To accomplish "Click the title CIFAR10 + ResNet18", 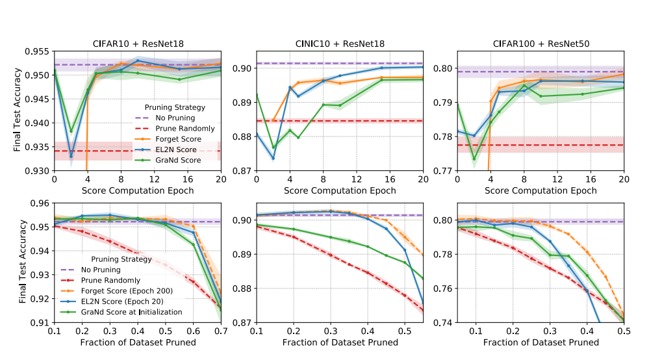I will (x=137, y=44).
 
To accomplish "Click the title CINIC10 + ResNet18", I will (x=339, y=44).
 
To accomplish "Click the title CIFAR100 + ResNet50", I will (x=541, y=44).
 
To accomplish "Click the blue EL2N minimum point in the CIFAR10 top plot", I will (x=71, y=156).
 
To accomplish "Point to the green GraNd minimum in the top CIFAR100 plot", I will (x=474, y=159).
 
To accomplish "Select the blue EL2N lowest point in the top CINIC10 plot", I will (x=273, y=158).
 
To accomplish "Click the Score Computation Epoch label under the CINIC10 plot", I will (x=339, y=191).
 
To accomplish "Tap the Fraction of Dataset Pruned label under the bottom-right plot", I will (x=541, y=342).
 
